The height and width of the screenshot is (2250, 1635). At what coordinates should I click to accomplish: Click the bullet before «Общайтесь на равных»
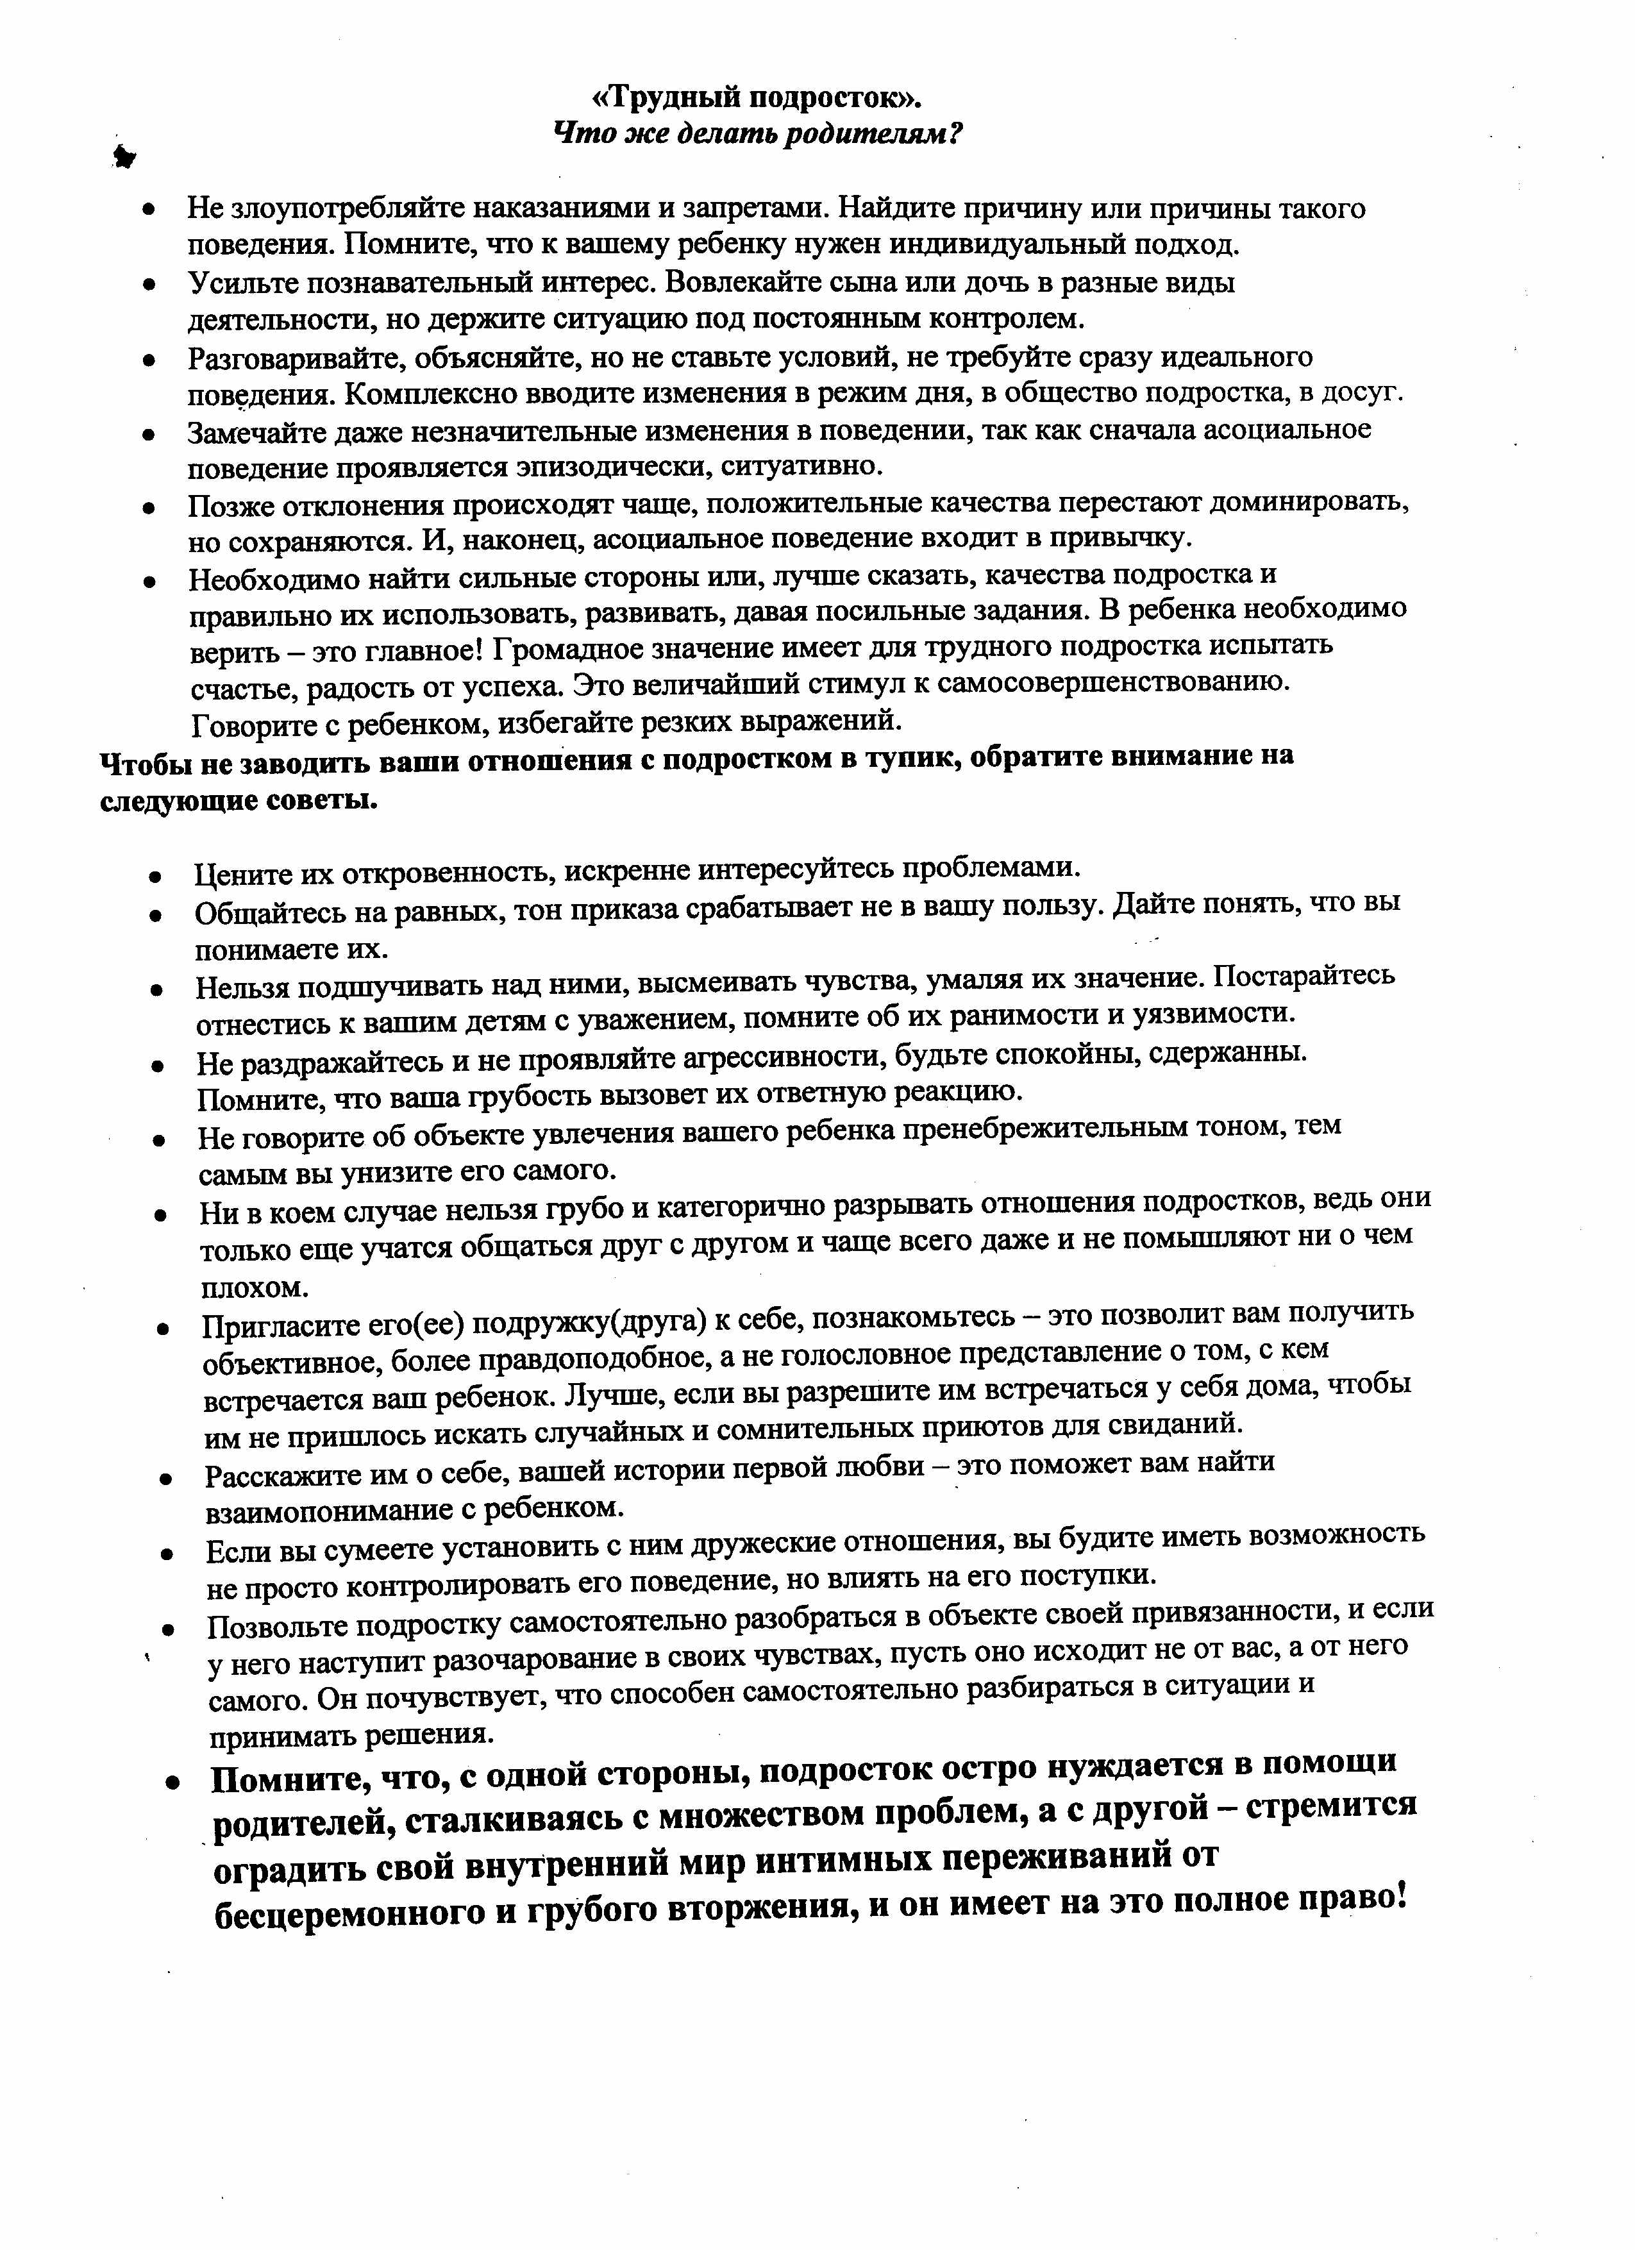pyautogui.click(x=156, y=914)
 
